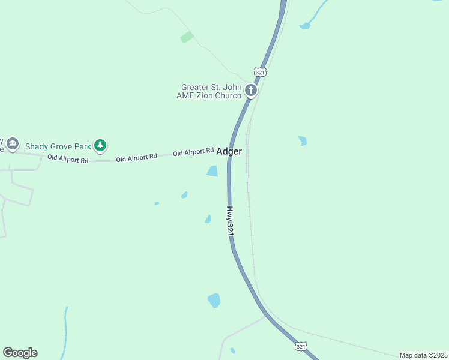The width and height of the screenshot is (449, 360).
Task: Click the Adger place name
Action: (229, 152)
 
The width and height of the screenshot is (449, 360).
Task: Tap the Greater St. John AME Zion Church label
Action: (208, 91)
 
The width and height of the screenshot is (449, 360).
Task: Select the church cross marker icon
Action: (251, 91)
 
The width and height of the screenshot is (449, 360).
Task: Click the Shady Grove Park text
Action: (57, 146)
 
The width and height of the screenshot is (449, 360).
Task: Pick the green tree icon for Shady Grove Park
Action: (100, 145)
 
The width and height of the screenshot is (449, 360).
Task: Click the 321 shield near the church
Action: (260, 72)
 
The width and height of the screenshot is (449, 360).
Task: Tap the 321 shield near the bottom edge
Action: (301, 347)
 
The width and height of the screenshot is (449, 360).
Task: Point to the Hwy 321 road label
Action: (230, 221)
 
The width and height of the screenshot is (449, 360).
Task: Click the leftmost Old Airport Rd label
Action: (68, 160)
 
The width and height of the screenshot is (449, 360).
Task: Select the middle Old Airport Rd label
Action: (136, 157)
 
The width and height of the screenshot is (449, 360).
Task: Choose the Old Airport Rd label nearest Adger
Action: (193, 152)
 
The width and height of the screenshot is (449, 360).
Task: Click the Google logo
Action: (20, 353)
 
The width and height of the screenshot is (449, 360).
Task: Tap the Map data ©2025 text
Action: (423, 355)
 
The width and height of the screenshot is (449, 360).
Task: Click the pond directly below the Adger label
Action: (212, 171)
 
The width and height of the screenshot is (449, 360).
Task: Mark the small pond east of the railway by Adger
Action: (302, 141)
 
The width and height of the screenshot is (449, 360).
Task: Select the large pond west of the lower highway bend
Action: (214, 300)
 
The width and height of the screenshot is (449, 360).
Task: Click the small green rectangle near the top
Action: (187, 37)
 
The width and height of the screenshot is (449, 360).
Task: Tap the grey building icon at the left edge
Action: (13, 145)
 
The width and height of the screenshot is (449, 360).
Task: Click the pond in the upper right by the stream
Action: (305, 26)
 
